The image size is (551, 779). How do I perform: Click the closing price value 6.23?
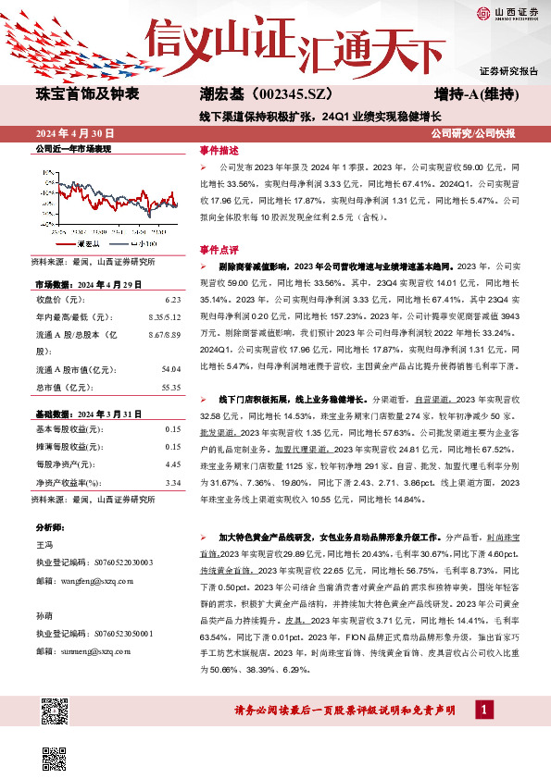[x=171, y=300]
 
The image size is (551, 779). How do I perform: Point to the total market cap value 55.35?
[x=169, y=386]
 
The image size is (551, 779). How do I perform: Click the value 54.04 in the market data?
[x=169, y=368]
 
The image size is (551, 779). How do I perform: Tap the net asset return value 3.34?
[x=171, y=482]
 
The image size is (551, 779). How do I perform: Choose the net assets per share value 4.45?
[x=171, y=464]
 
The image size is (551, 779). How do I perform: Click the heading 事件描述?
[x=219, y=150]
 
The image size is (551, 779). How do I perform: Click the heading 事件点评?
[x=219, y=249]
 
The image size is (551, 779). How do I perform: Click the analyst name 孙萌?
[x=44, y=614]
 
